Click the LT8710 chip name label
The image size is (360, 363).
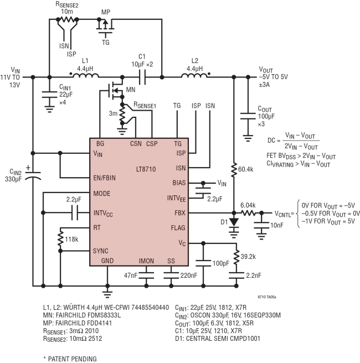point(146,169)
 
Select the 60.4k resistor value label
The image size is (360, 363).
point(245,169)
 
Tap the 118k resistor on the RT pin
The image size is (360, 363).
point(60,239)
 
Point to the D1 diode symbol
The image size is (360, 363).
point(234,222)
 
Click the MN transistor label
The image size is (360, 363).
point(130,90)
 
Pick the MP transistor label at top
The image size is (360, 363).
point(106,12)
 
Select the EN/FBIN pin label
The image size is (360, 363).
point(105,178)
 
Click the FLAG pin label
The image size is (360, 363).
point(178,228)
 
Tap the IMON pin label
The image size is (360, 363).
point(146,261)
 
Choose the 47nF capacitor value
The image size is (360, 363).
point(131,276)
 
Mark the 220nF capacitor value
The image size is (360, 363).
point(189,276)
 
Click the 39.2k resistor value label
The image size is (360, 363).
point(248,257)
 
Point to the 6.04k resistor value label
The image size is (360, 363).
point(248,205)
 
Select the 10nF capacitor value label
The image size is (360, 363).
point(276,225)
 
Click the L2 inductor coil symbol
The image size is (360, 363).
point(194,75)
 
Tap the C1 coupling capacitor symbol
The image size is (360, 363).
point(142,77)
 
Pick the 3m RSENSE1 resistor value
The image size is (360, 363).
point(113,113)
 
